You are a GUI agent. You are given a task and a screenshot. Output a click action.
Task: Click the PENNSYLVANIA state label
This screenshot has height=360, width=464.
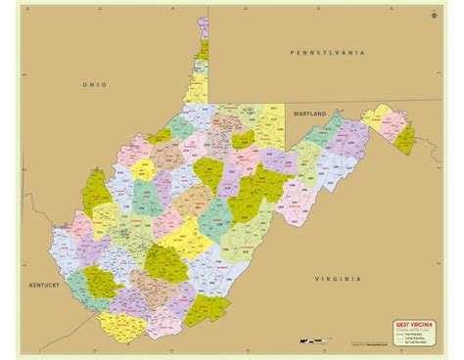tap(327, 51)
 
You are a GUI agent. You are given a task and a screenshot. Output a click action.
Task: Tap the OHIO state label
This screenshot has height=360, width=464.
tap(94, 85)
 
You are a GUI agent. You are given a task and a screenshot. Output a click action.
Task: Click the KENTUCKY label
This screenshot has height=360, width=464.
tap(44, 285)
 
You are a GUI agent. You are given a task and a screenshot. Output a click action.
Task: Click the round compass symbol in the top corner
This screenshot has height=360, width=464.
tap(434, 15)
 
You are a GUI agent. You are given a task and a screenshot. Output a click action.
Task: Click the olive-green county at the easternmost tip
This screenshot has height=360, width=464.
tap(404, 137)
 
